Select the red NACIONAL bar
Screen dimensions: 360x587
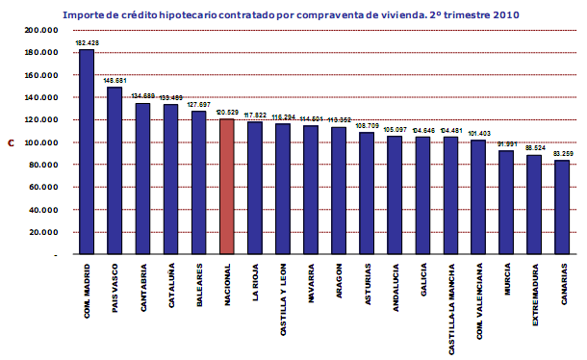click(x=227, y=187)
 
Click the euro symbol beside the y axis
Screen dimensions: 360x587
click(x=11, y=143)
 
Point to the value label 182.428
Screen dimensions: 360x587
click(x=87, y=43)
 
